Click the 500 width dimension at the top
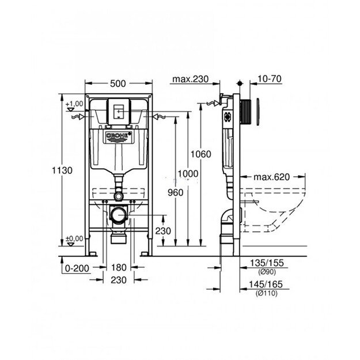pos(118,83)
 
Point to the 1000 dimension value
pos(188,174)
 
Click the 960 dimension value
pos(174,194)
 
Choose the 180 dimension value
pos(119,268)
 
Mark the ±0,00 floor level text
pos(74,238)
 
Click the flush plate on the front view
pos(118,111)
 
